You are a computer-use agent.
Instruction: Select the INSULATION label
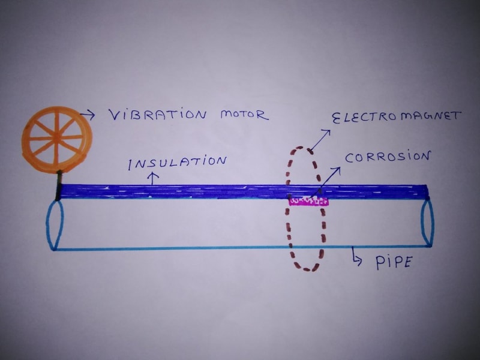coord(179,162)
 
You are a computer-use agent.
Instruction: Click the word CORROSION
coord(388,157)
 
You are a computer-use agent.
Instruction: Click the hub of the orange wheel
coord(56,137)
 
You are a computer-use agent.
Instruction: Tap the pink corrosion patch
coord(309,200)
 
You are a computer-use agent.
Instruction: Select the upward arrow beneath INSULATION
coord(153,178)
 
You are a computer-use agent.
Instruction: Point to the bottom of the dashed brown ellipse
coord(307,268)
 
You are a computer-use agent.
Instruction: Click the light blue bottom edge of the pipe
coord(180,248)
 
